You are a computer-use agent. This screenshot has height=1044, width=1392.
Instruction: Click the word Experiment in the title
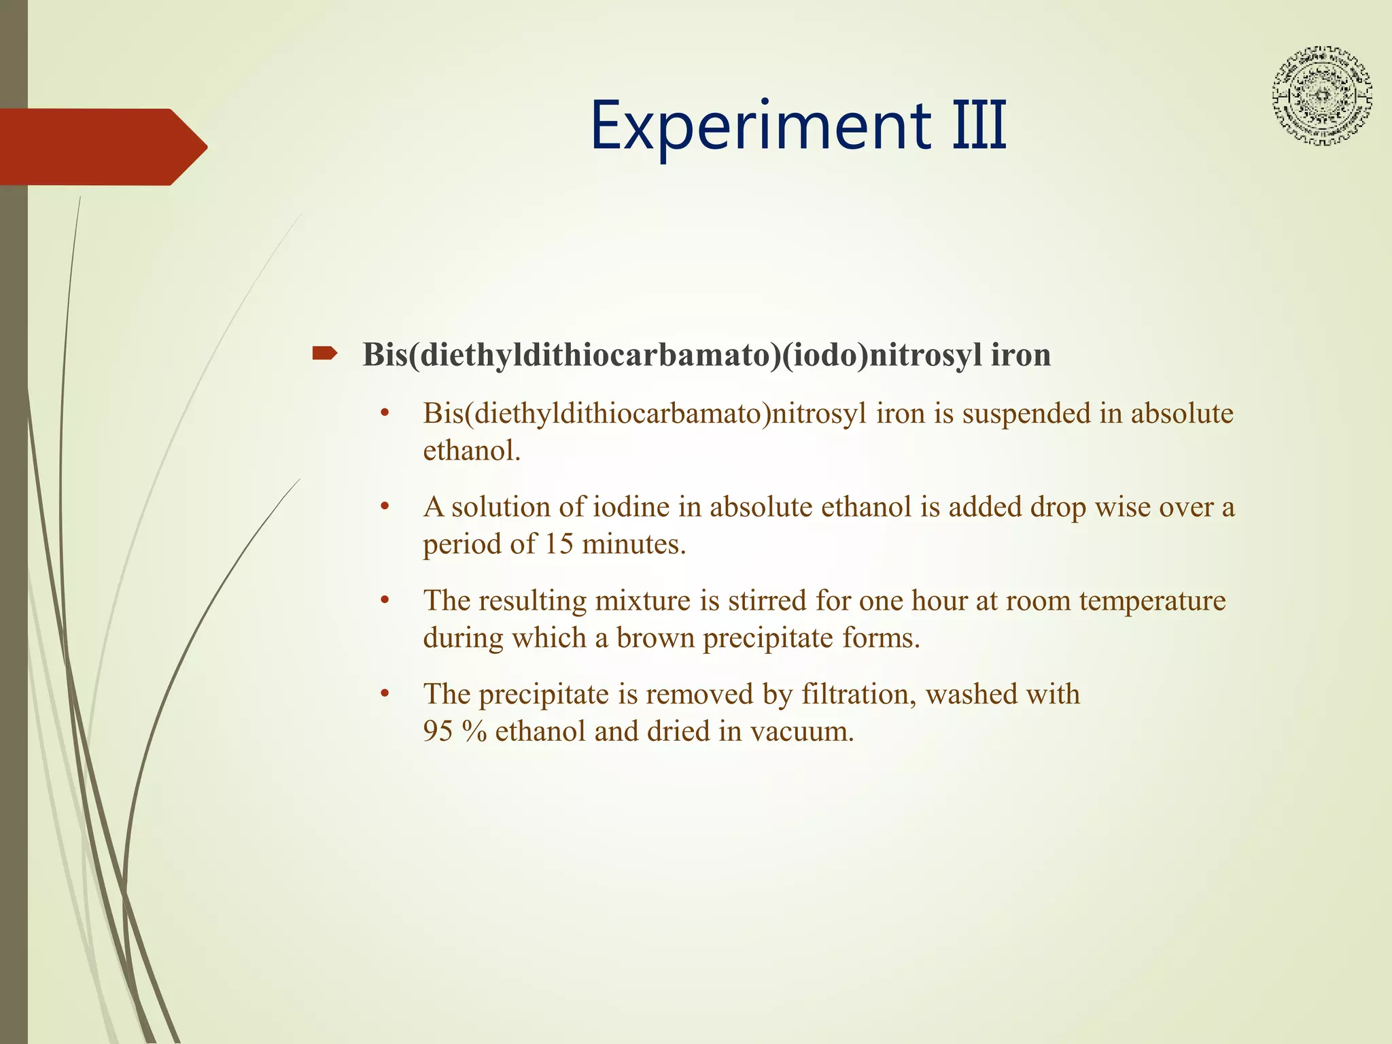coord(761,126)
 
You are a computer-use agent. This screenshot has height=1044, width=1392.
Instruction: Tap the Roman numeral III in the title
coord(979,126)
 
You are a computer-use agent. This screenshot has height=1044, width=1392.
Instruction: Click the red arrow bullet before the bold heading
coord(324,353)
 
